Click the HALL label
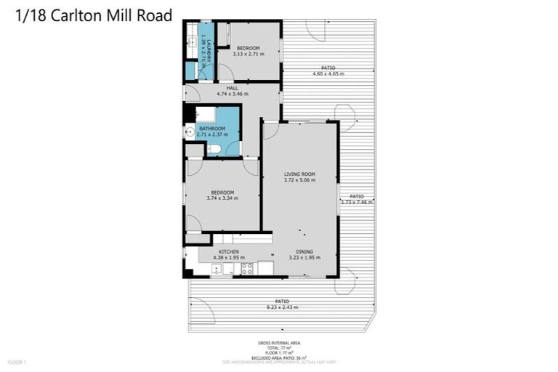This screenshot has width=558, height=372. (232, 88)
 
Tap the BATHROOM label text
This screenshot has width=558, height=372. (212, 129)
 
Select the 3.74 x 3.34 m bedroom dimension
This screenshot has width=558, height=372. (222, 198)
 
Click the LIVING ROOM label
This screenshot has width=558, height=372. (299, 174)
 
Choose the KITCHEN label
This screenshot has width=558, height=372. (229, 251)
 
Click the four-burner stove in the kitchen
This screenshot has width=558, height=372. (247, 268)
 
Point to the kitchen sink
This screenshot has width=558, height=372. (216, 269)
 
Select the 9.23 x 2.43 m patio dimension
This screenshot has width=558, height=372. (282, 307)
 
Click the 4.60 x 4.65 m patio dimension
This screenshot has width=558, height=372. (328, 73)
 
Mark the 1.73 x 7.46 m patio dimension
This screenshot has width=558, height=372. (357, 202)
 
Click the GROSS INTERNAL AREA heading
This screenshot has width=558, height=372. (279, 343)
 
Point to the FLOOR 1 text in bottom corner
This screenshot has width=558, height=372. (17, 361)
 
